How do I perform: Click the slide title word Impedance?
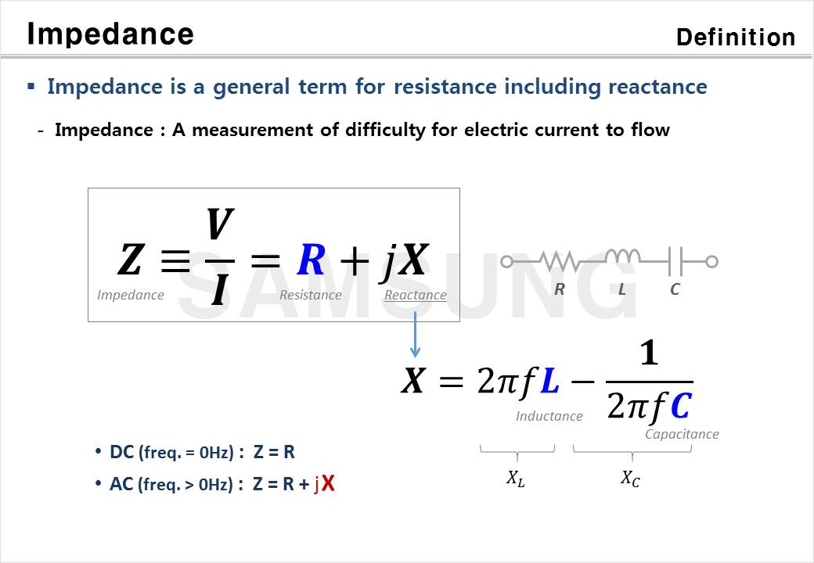point(110,34)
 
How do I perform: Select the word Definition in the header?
point(736,38)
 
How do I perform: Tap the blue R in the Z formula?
point(311,259)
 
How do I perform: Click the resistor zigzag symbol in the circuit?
point(559,260)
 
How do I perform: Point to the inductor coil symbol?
point(622,256)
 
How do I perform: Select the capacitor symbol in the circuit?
point(675,261)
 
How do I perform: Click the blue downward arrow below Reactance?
point(415,335)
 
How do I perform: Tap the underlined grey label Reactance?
point(416,295)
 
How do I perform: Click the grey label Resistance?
point(311,295)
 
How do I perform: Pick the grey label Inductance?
point(549,416)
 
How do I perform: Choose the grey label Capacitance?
point(682,434)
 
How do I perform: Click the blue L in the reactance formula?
point(549,381)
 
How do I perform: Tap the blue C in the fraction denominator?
point(681,406)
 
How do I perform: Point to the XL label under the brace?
point(516,478)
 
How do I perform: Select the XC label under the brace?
point(630,478)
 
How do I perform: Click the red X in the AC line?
point(328,484)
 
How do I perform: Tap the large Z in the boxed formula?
point(130,259)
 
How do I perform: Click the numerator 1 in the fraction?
point(649,353)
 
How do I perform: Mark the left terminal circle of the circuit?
point(506,261)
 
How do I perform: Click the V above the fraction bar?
point(220,224)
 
